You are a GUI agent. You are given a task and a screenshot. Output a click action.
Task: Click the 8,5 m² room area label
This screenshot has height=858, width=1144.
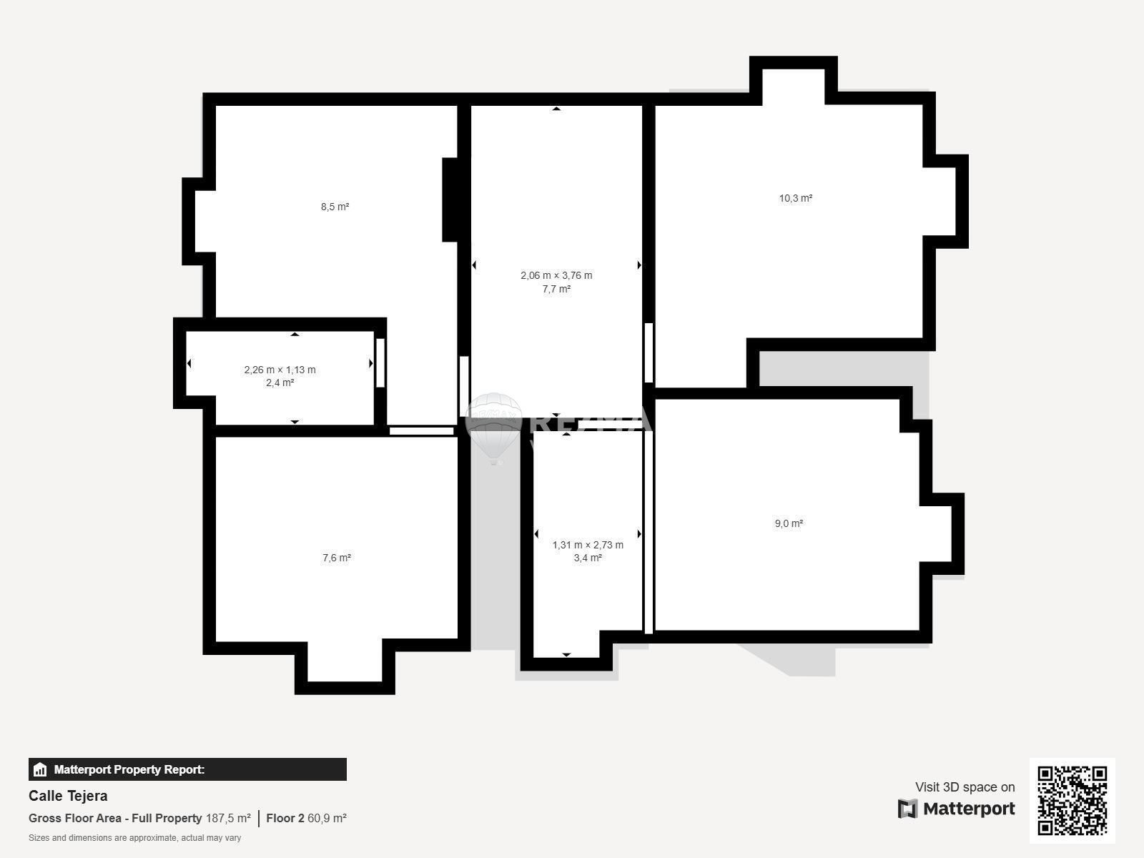point(335,207)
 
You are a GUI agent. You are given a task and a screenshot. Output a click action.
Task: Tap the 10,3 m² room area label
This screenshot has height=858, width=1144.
point(795,199)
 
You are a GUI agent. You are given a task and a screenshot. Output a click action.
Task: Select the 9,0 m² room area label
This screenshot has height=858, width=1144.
point(789,523)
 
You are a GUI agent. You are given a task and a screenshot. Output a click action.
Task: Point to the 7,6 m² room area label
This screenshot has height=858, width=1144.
point(336,558)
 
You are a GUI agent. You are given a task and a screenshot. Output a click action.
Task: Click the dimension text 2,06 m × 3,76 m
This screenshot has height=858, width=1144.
point(556,275)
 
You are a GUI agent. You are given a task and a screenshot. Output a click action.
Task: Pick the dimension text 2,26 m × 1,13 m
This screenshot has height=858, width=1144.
point(280,370)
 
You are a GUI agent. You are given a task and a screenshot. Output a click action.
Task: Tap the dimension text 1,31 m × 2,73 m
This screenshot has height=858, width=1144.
point(588,545)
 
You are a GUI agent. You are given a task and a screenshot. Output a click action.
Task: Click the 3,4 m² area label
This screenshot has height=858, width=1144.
point(588,558)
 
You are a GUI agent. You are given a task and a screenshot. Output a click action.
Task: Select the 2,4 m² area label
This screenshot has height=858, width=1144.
point(280,383)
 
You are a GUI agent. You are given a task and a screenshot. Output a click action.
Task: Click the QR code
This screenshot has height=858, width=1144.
point(1072,801)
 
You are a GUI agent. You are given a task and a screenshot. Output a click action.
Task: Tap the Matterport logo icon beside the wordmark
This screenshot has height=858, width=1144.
point(907,809)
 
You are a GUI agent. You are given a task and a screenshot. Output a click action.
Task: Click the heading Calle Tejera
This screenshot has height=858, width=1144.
point(68,796)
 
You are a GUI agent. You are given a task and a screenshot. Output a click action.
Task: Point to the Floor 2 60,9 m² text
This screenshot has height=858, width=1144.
point(306,819)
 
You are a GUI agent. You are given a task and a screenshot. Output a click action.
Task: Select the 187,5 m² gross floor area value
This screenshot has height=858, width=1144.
point(228,819)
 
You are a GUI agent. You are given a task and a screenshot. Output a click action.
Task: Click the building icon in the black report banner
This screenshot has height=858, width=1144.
point(40,769)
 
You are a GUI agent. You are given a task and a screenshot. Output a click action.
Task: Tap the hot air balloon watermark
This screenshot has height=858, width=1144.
point(493,428)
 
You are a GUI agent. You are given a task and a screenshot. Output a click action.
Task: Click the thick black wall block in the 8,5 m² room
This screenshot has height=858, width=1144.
point(450,200)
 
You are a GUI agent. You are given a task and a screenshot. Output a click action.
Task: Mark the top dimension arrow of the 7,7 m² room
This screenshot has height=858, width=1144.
point(556,109)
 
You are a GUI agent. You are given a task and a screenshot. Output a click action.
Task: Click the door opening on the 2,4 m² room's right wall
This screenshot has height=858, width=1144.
point(380,363)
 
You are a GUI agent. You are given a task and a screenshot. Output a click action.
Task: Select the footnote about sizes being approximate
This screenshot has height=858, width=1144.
point(134,838)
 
